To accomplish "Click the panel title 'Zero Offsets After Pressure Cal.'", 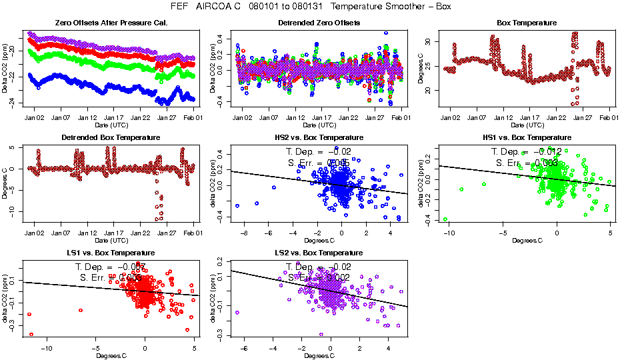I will point(111,23).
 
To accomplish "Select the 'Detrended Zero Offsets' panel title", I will point(319,23).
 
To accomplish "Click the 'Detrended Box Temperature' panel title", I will point(111,138).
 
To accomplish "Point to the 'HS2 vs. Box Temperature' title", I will point(319,138).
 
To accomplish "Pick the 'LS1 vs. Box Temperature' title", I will point(111,253).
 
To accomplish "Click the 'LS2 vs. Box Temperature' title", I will point(319,253).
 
